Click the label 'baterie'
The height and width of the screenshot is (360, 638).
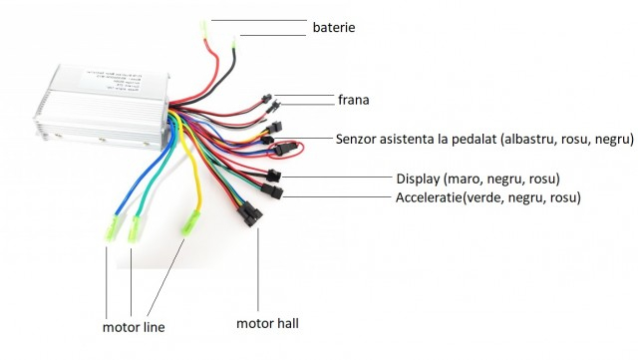click(333, 28)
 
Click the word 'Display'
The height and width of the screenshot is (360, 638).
click(420, 178)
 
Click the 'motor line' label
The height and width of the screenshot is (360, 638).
click(134, 326)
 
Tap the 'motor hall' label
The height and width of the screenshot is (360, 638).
click(267, 323)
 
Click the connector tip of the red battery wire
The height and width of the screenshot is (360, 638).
click(206, 24)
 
